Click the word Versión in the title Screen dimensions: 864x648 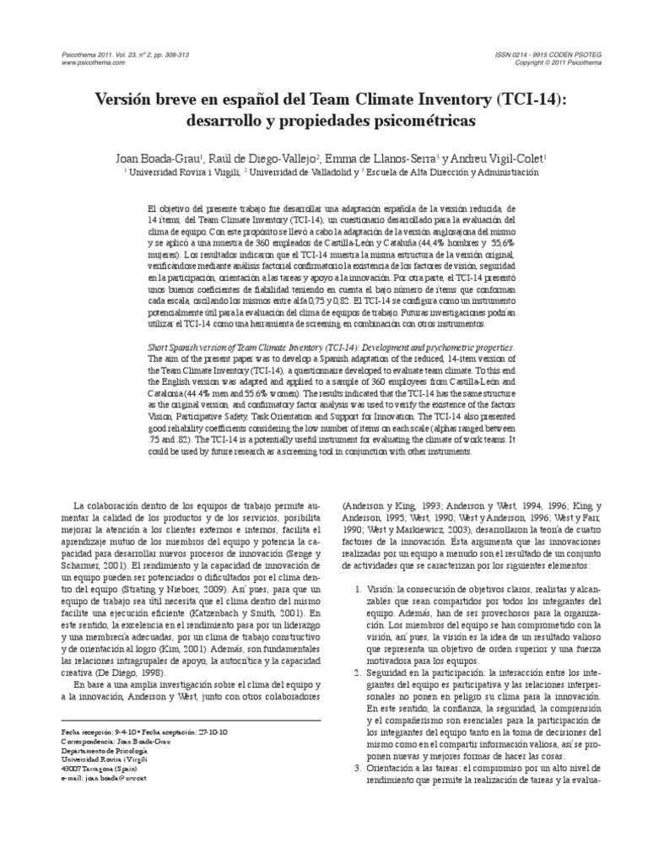click(127, 97)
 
